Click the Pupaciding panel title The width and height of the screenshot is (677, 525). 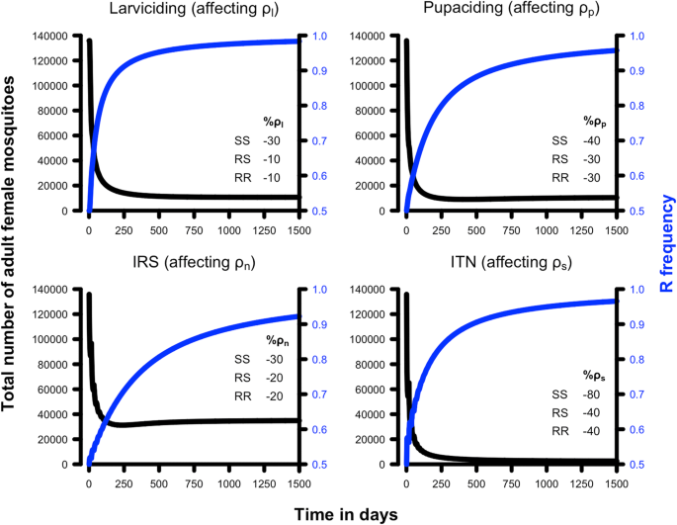tap(509, 13)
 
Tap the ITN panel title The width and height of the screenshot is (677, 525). tap(509, 266)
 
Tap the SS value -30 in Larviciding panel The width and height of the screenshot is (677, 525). tap(269, 140)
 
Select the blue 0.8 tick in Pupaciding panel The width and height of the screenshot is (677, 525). tap(630, 107)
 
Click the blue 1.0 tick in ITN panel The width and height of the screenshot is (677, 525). tap(630, 290)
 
